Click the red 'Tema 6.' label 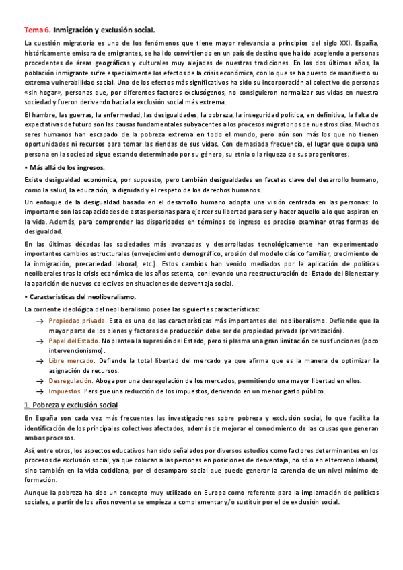coord(36,30)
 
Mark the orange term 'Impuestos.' coord(66,391)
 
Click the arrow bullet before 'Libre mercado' coord(40,362)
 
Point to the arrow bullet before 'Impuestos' coord(40,391)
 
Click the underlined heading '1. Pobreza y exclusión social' coord(71,405)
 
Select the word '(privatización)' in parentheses coord(318,331)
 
